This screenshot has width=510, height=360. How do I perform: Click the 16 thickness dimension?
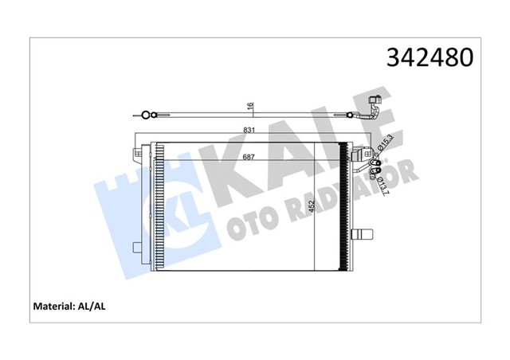click(249, 106)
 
